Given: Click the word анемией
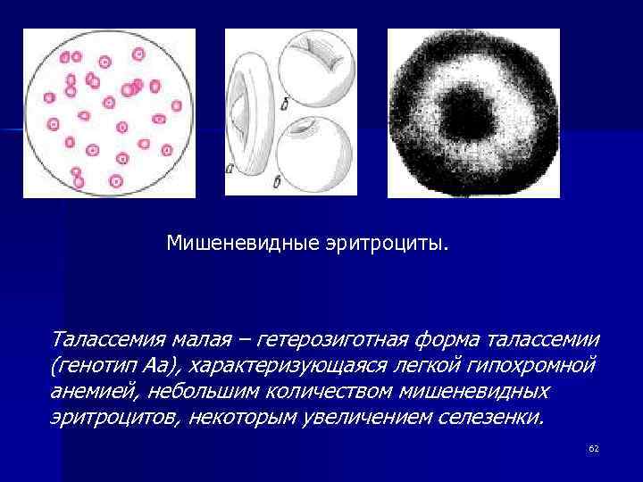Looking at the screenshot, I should pos(90,392).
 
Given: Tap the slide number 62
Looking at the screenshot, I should pos(593,448).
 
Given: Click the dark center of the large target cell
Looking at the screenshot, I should pos(471,112).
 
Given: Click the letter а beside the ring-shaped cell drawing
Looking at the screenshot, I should pos(230,165).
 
